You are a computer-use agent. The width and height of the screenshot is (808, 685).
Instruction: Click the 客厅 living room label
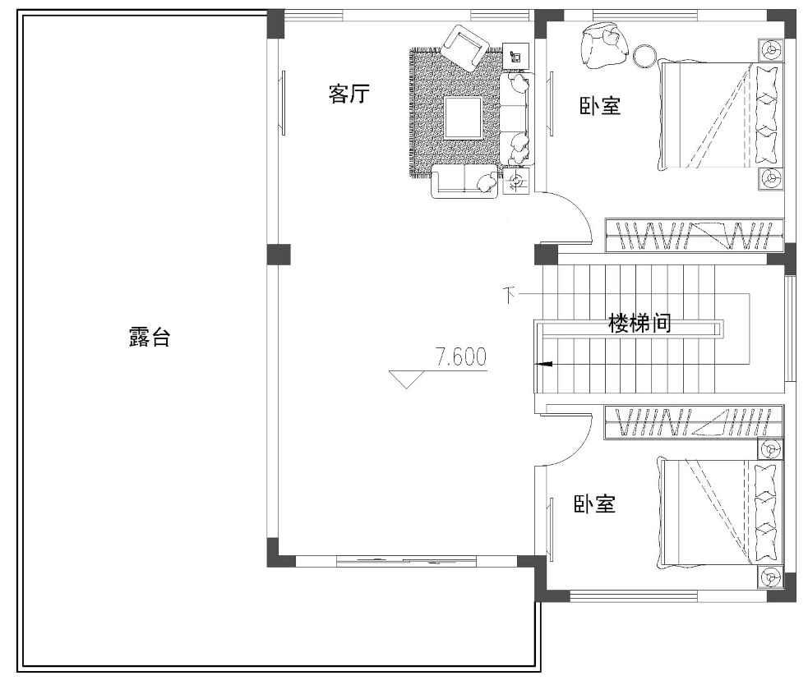349,94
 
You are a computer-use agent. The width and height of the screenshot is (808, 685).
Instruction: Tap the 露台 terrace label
149,337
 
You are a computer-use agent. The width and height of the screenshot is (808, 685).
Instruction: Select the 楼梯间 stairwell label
639,324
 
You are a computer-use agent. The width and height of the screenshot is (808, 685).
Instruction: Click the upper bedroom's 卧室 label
600,106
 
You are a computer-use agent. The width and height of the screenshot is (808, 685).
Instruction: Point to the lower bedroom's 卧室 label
594,503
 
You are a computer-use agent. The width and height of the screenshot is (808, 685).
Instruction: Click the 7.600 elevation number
461,357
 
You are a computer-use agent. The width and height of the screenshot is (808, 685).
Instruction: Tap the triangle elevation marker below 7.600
407,379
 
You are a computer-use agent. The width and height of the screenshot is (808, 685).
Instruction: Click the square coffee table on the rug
464,118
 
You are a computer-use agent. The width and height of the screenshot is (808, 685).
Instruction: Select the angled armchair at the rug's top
464,48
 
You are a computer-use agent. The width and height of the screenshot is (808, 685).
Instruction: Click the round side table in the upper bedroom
644,56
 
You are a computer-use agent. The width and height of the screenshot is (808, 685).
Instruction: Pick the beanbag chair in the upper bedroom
604,45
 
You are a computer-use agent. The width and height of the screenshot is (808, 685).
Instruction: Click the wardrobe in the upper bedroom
694,236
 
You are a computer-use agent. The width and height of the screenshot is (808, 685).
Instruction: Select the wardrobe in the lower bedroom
694,422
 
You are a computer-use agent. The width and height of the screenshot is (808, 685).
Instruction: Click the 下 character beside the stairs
509,295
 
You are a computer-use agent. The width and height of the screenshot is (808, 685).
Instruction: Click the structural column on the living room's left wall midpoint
279,255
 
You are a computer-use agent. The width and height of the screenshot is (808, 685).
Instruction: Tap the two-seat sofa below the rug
464,181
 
